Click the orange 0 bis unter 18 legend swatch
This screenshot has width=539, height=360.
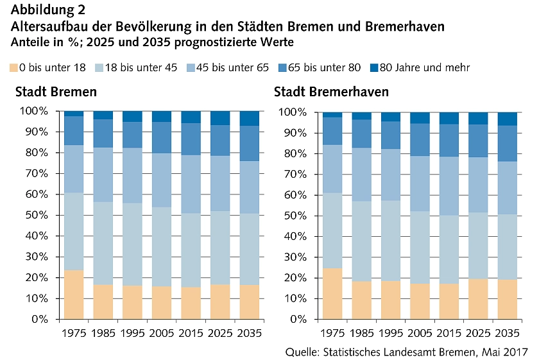pos(13,67)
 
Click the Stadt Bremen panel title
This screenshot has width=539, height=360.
pos(56,92)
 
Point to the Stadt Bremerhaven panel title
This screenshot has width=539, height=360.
pos(331,92)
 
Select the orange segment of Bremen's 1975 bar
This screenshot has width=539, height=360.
pos(74,294)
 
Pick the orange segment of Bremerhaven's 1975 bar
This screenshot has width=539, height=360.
pos(332,293)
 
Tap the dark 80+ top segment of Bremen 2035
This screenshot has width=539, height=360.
pos(250,118)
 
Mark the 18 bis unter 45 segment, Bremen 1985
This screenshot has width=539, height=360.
pos(103,243)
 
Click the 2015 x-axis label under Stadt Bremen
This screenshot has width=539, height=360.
pos(191,334)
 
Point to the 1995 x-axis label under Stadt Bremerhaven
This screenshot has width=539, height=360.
pos(391,334)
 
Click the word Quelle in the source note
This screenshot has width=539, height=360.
pos(301,352)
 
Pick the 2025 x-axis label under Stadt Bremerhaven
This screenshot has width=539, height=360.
pos(478,334)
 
